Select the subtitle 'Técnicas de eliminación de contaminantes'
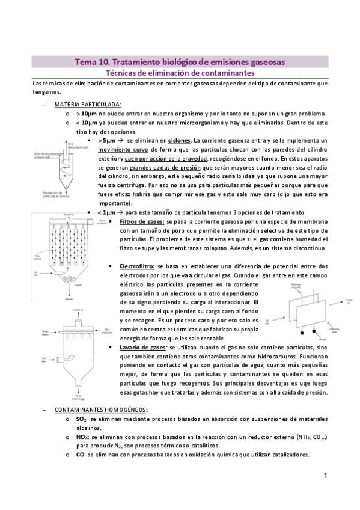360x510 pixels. [180, 73]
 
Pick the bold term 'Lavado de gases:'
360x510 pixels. [142, 347]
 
